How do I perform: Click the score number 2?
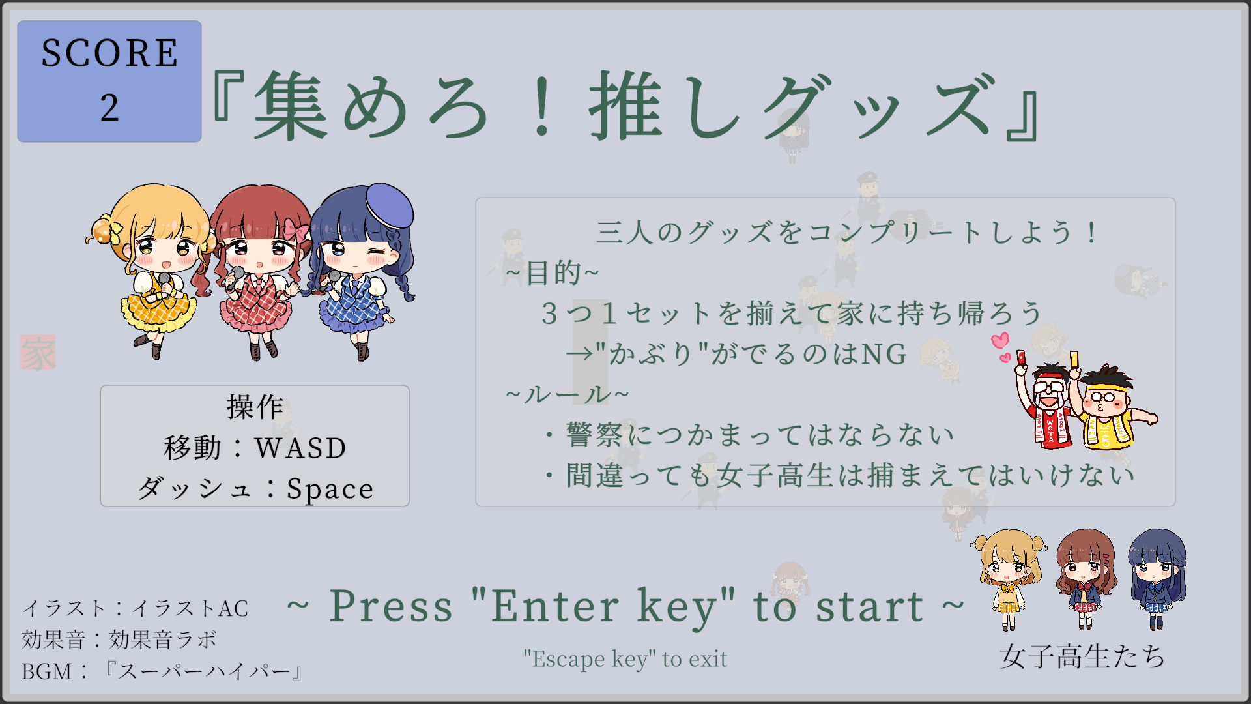click(109, 108)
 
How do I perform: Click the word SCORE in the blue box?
click(109, 53)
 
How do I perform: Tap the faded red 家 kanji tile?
click(38, 353)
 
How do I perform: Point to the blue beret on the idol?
click(389, 203)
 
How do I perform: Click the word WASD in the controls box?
click(300, 448)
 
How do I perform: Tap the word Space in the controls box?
click(330, 489)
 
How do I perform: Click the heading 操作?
click(255, 407)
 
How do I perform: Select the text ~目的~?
click(553, 272)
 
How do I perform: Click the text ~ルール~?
click(568, 394)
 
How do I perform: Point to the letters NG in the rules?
click(884, 354)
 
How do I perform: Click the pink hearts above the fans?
click(1001, 347)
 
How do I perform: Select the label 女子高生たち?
click(1082, 656)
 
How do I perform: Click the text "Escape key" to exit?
click(625, 659)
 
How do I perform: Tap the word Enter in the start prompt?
click(554, 606)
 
